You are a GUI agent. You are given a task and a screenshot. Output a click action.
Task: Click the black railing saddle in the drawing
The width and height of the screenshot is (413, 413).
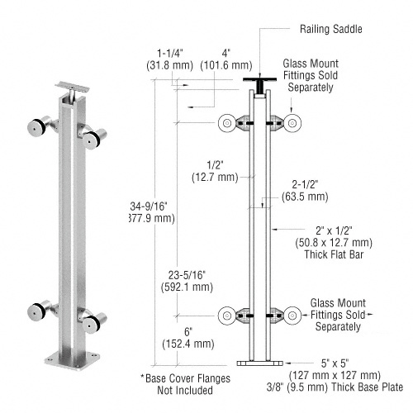pos(261,83)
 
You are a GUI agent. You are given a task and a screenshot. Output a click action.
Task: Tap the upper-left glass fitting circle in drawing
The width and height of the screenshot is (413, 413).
pos(225,123)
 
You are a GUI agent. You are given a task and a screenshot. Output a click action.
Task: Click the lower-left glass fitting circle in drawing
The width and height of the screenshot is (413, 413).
pos(225,314)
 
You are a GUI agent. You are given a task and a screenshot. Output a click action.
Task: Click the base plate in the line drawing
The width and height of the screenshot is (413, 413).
pos(260,362)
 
